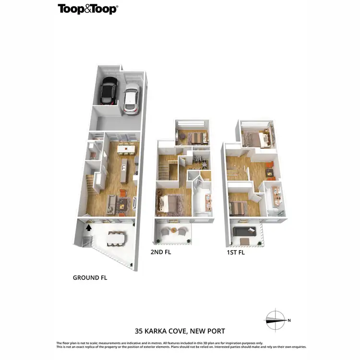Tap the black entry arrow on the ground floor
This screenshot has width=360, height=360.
pos(88,228)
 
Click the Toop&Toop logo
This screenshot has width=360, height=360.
pos(88,9)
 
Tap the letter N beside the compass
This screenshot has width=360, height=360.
pos(289,320)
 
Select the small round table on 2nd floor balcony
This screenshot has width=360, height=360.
pos(173,230)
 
